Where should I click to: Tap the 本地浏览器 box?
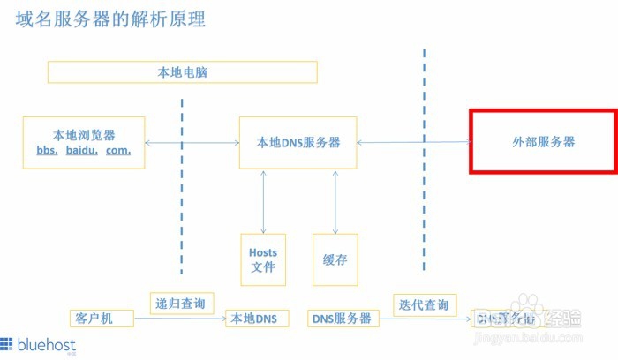[84, 142]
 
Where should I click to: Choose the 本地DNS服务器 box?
[298, 142]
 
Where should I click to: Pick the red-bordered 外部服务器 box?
[543, 141]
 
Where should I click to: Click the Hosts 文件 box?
[263, 259]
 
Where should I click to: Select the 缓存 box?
[335, 259]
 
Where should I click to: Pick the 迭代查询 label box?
[425, 305]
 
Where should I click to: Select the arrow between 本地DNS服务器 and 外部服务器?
[411, 142]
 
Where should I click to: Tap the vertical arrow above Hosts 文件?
[263, 200]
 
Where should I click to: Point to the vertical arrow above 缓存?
[335, 200]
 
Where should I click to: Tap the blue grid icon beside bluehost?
[8, 343]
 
